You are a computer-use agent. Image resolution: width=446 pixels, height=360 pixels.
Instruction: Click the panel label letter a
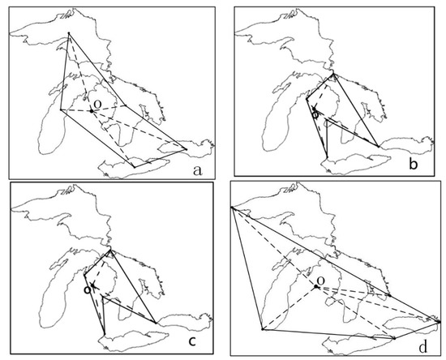point(197,170)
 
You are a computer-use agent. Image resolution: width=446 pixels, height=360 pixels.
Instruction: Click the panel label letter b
point(414,164)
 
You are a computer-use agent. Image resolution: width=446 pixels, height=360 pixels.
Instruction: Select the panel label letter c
point(192,341)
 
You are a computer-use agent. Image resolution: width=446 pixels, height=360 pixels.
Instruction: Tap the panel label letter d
point(422,347)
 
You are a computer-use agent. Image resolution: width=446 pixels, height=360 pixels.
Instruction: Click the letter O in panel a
point(97,105)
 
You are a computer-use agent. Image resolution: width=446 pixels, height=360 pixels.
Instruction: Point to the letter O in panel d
point(321,281)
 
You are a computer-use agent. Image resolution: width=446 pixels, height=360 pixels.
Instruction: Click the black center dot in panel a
point(92,111)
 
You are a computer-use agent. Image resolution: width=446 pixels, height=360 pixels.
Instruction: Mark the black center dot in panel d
point(315,286)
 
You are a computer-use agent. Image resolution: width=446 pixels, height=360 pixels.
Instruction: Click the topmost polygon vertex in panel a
point(69,33)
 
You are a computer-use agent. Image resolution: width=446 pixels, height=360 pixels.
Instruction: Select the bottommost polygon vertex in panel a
point(135,168)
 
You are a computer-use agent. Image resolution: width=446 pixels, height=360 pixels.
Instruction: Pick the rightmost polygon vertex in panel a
point(187,149)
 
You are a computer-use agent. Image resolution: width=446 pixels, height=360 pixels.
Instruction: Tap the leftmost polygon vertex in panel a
point(61,109)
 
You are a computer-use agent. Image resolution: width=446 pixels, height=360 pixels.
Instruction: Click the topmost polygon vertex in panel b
point(334,74)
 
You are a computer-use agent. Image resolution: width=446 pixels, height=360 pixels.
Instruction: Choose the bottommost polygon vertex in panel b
point(327,157)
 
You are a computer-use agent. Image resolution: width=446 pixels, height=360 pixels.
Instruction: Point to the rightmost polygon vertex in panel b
point(379,147)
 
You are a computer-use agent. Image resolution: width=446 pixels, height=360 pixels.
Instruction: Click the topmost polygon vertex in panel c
point(110,250)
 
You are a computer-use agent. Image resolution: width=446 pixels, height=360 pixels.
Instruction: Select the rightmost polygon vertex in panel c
point(156,323)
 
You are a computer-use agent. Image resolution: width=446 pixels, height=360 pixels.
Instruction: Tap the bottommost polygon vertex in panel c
point(105,334)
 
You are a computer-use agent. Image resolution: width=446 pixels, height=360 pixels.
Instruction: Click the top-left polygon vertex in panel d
point(232,208)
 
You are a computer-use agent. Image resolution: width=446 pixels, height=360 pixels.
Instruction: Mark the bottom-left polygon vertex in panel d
point(263,329)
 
